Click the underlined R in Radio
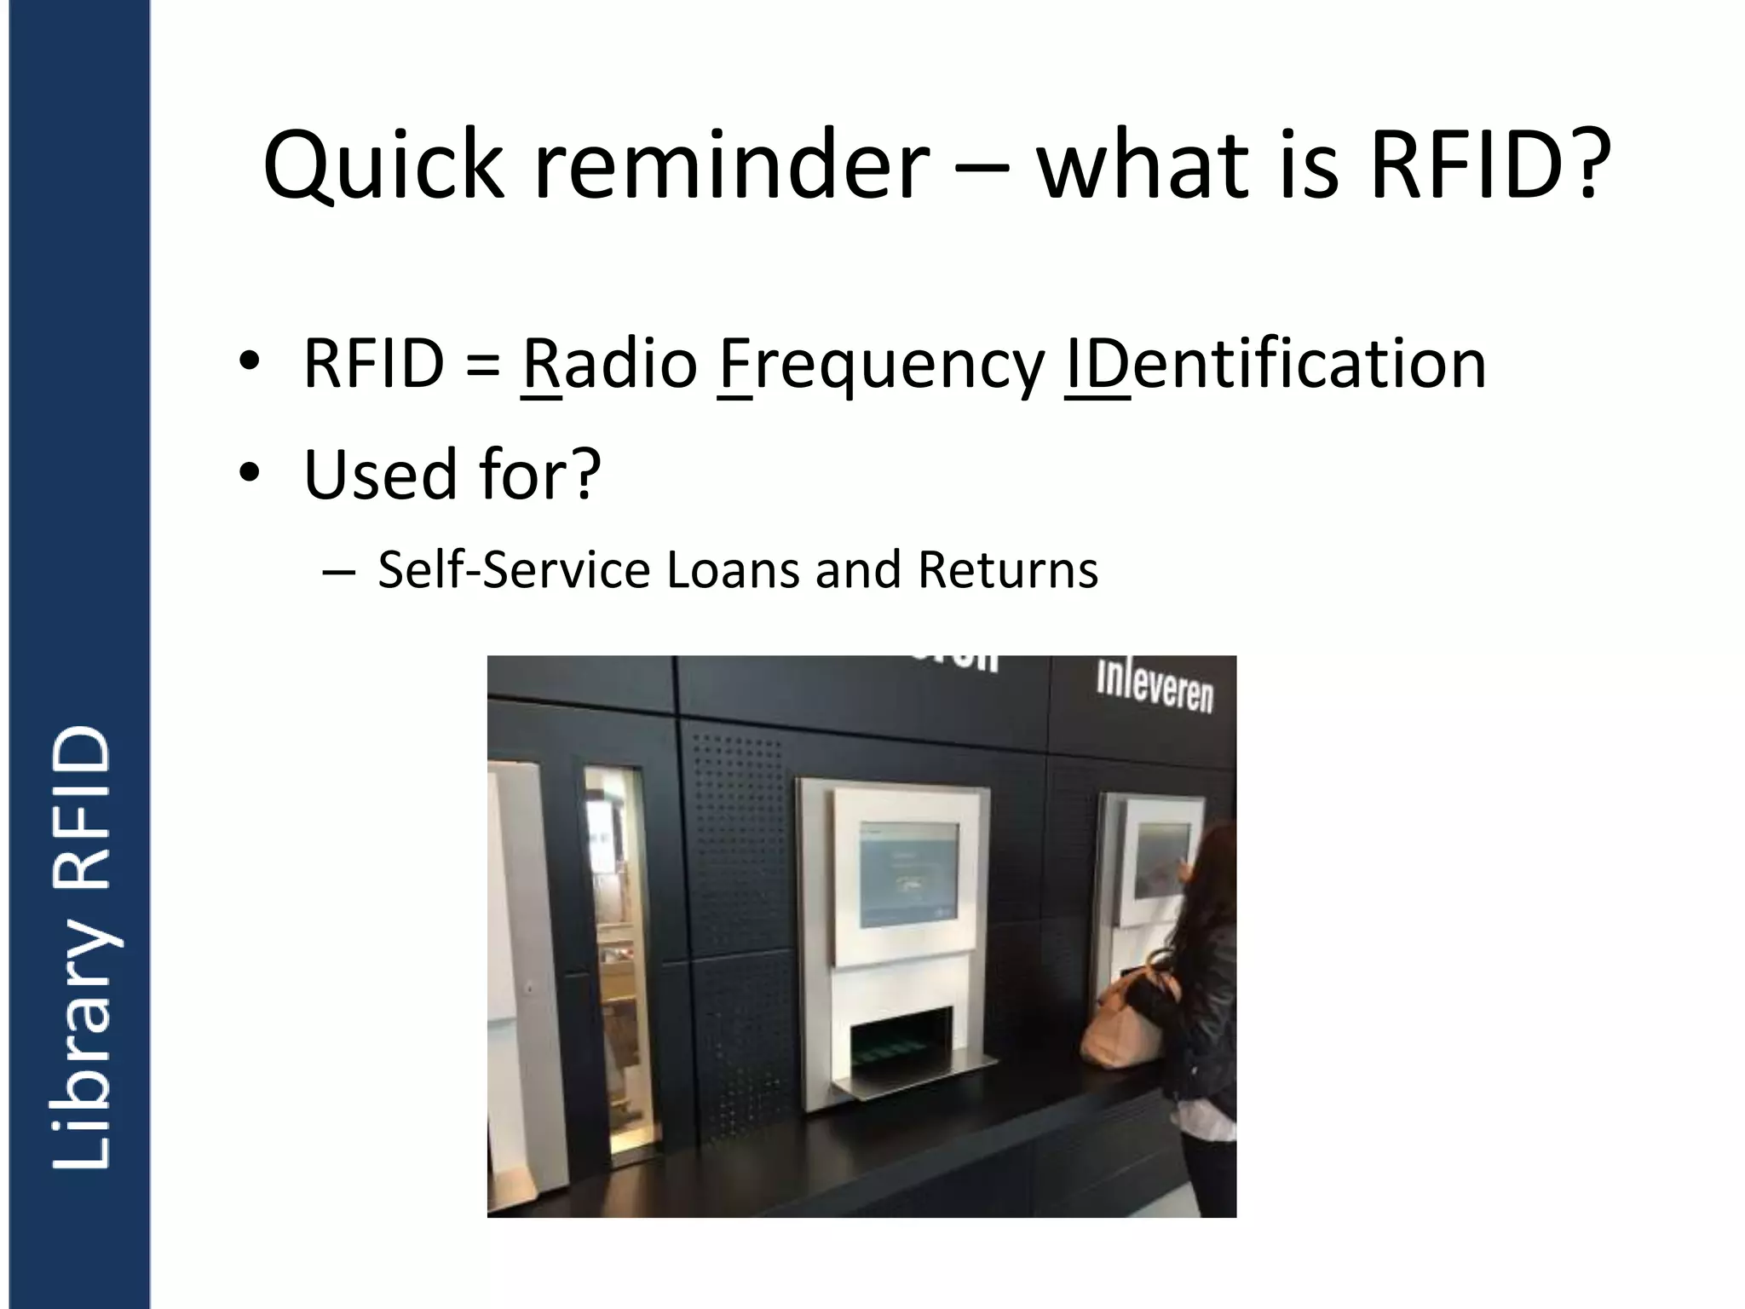tap(540, 365)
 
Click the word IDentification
tap(1275, 365)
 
